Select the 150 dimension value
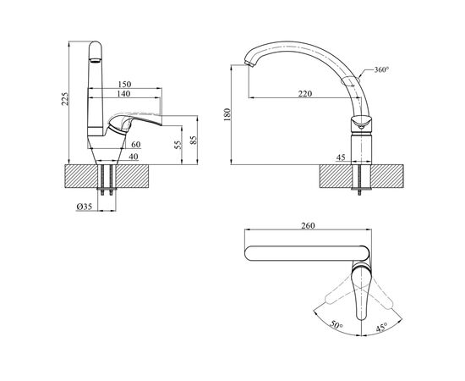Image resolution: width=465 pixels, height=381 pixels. point(124,86)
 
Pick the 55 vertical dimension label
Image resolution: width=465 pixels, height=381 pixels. point(178,145)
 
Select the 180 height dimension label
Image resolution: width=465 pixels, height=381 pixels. point(226,113)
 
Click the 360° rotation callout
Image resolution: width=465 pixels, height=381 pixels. point(380,70)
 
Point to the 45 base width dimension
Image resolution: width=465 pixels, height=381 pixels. point(339,157)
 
